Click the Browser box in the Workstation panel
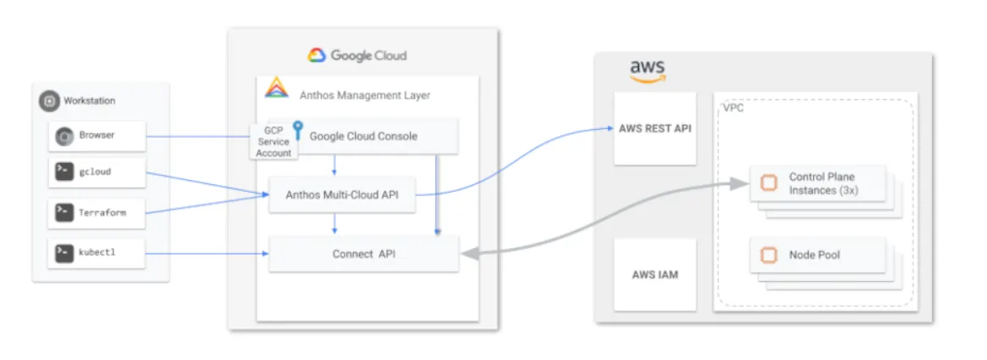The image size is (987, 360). [96, 135]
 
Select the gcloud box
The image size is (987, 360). [96, 172]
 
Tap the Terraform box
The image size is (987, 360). [96, 213]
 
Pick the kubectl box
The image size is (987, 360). [96, 252]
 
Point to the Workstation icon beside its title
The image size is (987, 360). [49, 101]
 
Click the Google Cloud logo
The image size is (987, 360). [317, 55]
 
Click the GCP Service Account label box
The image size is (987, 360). [273, 142]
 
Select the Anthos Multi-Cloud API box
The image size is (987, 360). [343, 195]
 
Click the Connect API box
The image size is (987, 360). [363, 254]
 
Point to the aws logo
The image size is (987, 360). [647, 70]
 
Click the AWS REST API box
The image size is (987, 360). [654, 129]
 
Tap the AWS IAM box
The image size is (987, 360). [654, 274]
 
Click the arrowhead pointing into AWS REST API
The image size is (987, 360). [609, 129]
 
